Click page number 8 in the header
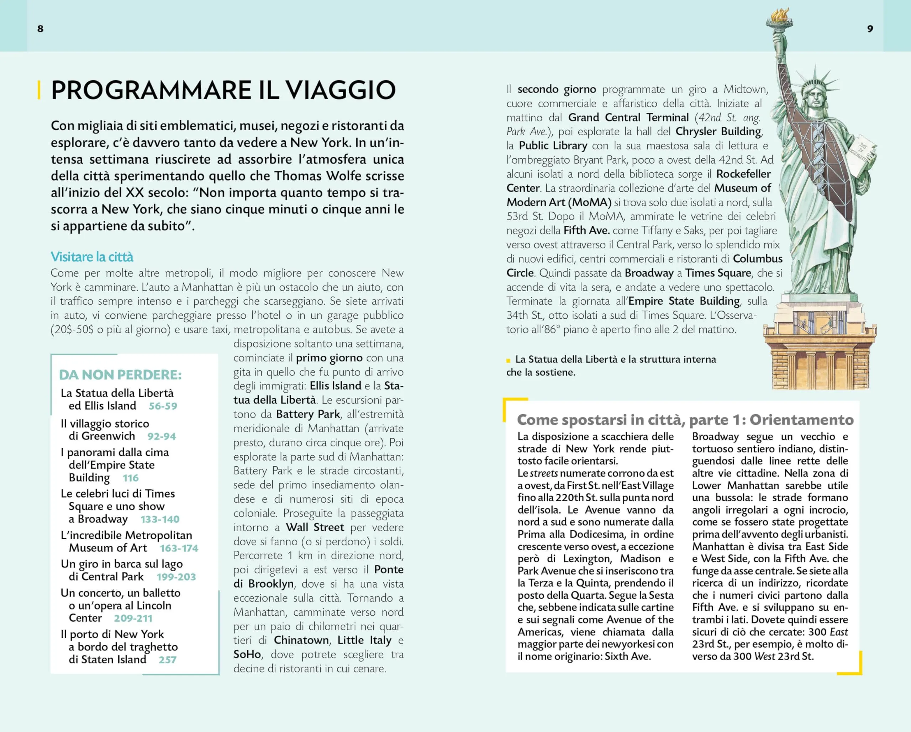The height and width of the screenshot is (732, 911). pos(40,29)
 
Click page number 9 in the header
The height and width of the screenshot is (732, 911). pos(870,29)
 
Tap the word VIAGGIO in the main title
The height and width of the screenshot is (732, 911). pos(341,90)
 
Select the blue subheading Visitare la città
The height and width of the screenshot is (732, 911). pos(92,257)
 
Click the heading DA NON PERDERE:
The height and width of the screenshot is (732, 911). pos(120,375)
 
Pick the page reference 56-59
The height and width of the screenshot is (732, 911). pos(163,406)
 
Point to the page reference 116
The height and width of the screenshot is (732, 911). pos(131,478)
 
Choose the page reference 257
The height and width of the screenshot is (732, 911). pos(167,659)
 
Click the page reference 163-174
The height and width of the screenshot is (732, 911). pos(179,548)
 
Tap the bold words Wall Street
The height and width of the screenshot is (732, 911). pos(315,527)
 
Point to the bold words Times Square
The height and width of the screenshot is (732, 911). pos(718,273)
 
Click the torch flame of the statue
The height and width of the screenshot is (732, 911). pos(780,15)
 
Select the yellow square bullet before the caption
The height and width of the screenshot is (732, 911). pos(508,360)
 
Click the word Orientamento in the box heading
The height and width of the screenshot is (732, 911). pos(801,419)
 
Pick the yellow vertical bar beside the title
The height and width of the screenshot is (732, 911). pos(39,90)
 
